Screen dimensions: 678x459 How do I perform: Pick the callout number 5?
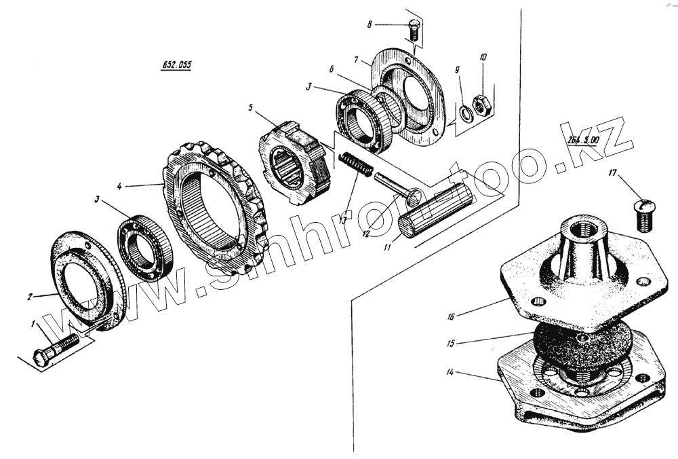[250, 107]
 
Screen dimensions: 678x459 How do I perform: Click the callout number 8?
[370, 24]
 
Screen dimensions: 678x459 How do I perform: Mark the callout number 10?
[483, 57]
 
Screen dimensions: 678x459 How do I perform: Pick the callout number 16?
[450, 316]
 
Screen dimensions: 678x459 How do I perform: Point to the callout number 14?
[450, 373]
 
